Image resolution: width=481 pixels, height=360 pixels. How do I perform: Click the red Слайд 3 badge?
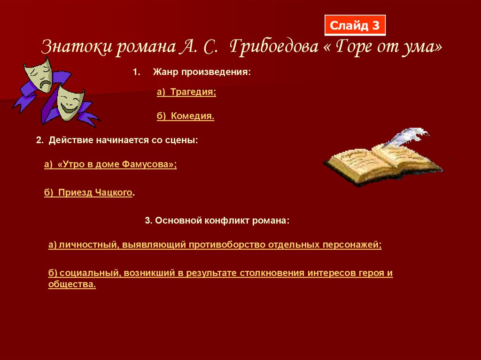click(355, 25)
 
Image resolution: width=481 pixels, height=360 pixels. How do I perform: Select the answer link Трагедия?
click(186, 93)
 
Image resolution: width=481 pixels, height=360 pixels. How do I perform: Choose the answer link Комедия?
click(186, 116)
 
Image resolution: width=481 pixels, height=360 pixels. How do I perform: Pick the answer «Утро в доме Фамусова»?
click(110, 164)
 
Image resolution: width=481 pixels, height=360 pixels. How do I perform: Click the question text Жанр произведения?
click(202, 73)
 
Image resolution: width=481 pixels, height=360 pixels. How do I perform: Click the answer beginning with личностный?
click(215, 245)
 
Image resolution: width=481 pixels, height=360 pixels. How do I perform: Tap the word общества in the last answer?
click(71, 284)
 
